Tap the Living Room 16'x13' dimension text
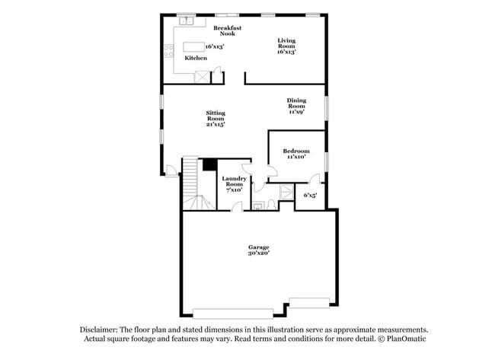click(286, 52)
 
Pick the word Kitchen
click(196, 58)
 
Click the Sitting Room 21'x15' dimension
click(216, 124)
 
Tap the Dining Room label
click(296, 104)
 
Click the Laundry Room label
click(233, 181)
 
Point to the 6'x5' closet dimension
click(311, 195)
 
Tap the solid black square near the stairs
click(207, 165)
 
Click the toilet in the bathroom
click(259, 204)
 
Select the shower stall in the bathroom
click(286, 193)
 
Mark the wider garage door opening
click(226, 313)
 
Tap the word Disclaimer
click(104, 329)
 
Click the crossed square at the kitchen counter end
click(203, 75)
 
